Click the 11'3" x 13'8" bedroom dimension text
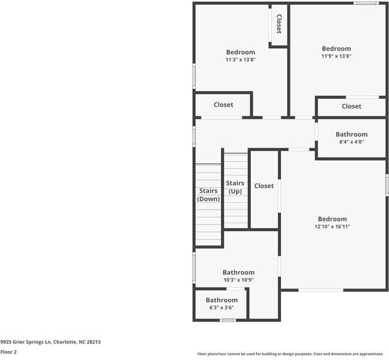pyautogui.click(x=240, y=59)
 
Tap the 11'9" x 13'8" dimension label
pyautogui.click(x=336, y=56)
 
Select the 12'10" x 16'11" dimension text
pyautogui.click(x=333, y=226)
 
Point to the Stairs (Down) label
pyautogui.click(x=208, y=195)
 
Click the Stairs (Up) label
pyautogui.click(x=235, y=187)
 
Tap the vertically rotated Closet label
pyautogui.click(x=279, y=24)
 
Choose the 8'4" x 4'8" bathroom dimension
pyautogui.click(x=352, y=142)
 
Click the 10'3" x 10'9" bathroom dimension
pyautogui.click(x=238, y=280)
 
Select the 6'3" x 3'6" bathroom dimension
pyautogui.click(x=222, y=308)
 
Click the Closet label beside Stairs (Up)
pyautogui.click(x=264, y=186)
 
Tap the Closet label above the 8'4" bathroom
pyautogui.click(x=352, y=106)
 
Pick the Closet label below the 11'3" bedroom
pyautogui.click(x=223, y=104)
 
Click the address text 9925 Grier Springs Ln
pyautogui.click(x=25, y=342)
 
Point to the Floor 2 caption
pyautogui.click(x=8, y=352)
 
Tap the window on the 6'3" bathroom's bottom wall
pyautogui.click(x=228, y=320)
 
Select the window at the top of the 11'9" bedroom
pyautogui.click(x=366, y=3)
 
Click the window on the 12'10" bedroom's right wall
pyautogui.click(x=387, y=185)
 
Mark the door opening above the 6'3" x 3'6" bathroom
pyautogui.click(x=235, y=289)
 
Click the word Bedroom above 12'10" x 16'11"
pyautogui.click(x=333, y=219)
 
